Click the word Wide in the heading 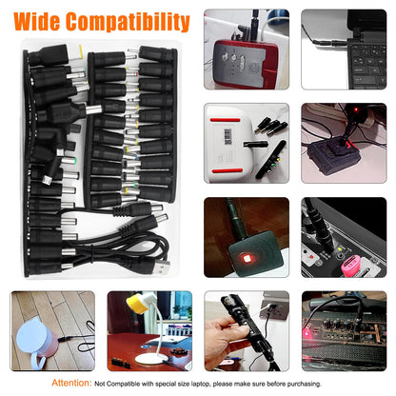(37, 22)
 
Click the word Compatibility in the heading (128, 22)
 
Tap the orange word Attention (71, 383)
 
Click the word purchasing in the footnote (304, 384)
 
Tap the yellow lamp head (138, 304)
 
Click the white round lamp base (151, 359)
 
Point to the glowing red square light (247, 257)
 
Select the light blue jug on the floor (37, 340)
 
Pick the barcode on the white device (228, 136)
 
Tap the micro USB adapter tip (47, 180)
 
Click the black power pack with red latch (334, 155)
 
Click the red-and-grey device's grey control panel (241, 65)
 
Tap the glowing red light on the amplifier (307, 333)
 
